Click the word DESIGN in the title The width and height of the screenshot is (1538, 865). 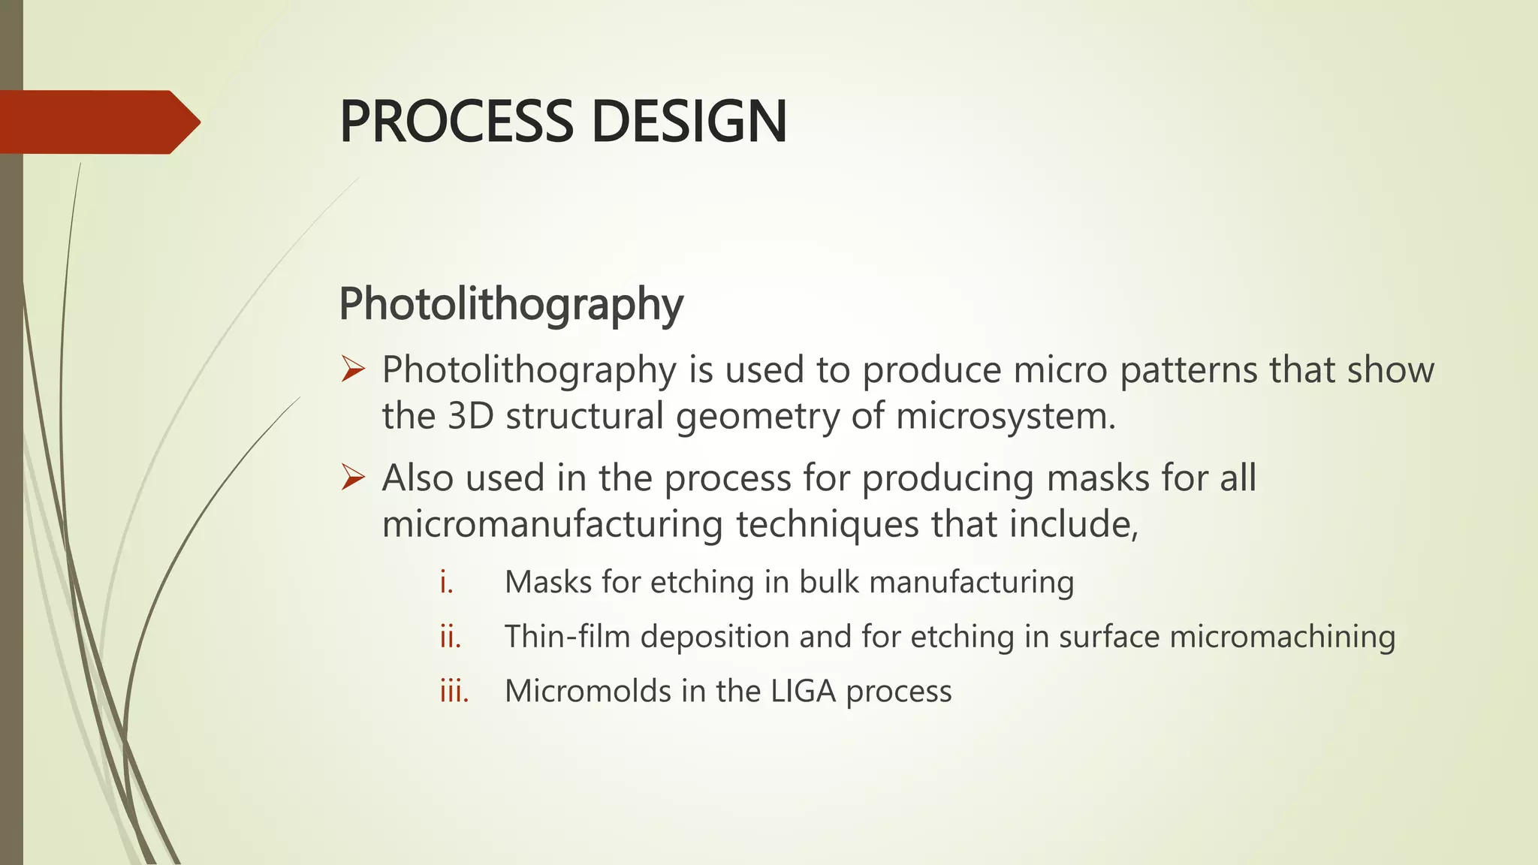click(x=689, y=122)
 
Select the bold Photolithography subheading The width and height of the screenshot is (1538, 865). click(x=511, y=304)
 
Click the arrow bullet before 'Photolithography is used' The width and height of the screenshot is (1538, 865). click(x=352, y=369)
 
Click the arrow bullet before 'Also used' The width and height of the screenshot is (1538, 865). click(x=352, y=478)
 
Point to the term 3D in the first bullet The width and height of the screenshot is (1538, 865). click(x=470, y=416)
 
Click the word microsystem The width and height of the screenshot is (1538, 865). click(x=1006, y=416)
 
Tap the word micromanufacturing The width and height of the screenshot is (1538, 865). click(x=552, y=524)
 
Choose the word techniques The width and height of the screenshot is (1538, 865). click(x=827, y=524)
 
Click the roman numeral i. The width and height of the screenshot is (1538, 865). click(x=447, y=582)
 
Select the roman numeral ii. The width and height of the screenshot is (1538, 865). click(x=450, y=637)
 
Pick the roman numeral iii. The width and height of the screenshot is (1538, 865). click(x=454, y=691)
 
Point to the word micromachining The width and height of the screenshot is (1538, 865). click(x=1283, y=637)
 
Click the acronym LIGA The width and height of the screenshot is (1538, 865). click(x=803, y=691)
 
